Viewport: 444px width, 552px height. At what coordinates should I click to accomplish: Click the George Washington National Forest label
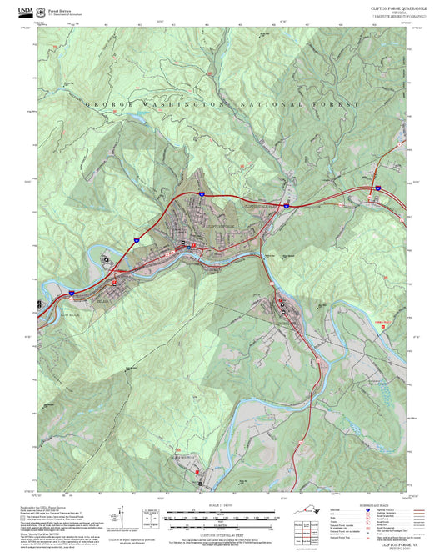click(x=222, y=105)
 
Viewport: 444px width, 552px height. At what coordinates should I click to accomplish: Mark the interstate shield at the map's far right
click(x=376, y=189)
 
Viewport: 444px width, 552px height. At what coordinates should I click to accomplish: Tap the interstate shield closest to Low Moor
click(x=72, y=293)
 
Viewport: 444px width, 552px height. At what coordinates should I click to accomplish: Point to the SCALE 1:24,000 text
click(x=222, y=506)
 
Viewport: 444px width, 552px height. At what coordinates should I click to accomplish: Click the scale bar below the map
click(x=222, y=517)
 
